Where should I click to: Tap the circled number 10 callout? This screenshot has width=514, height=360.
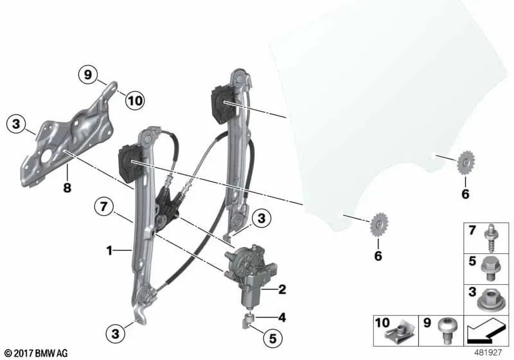click(135, 100)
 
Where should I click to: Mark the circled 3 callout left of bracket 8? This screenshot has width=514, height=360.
click(16, 123)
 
